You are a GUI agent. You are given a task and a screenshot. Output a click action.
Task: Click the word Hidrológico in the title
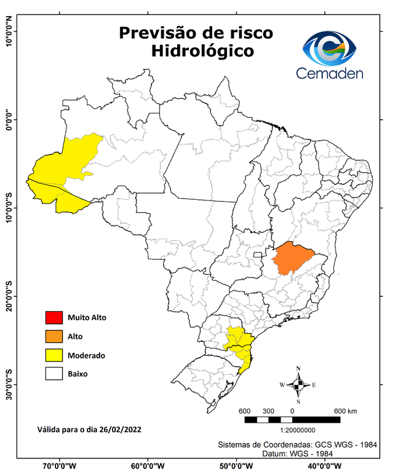coord(202,51)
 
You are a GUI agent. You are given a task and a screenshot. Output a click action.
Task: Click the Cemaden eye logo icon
coord(333,47)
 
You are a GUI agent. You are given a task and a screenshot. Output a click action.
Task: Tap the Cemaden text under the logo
coord(330,73)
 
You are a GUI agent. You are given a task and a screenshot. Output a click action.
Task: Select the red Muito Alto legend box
coord(53,318)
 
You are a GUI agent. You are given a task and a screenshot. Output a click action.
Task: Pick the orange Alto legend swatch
coord(53,336)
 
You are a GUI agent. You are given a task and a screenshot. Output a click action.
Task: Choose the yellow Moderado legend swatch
coord(53,355)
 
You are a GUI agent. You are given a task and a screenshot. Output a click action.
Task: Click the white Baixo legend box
coord(53,373)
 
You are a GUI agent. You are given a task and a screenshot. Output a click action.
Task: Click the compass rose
coord(298,385)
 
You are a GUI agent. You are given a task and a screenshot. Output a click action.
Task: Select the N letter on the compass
coord(298,369)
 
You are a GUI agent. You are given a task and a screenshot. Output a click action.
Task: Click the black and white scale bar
coord(292,420)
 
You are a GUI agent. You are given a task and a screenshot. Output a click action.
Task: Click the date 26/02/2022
coord(121,428)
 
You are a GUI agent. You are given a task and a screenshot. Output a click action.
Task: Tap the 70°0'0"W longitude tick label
coord(60,466)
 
